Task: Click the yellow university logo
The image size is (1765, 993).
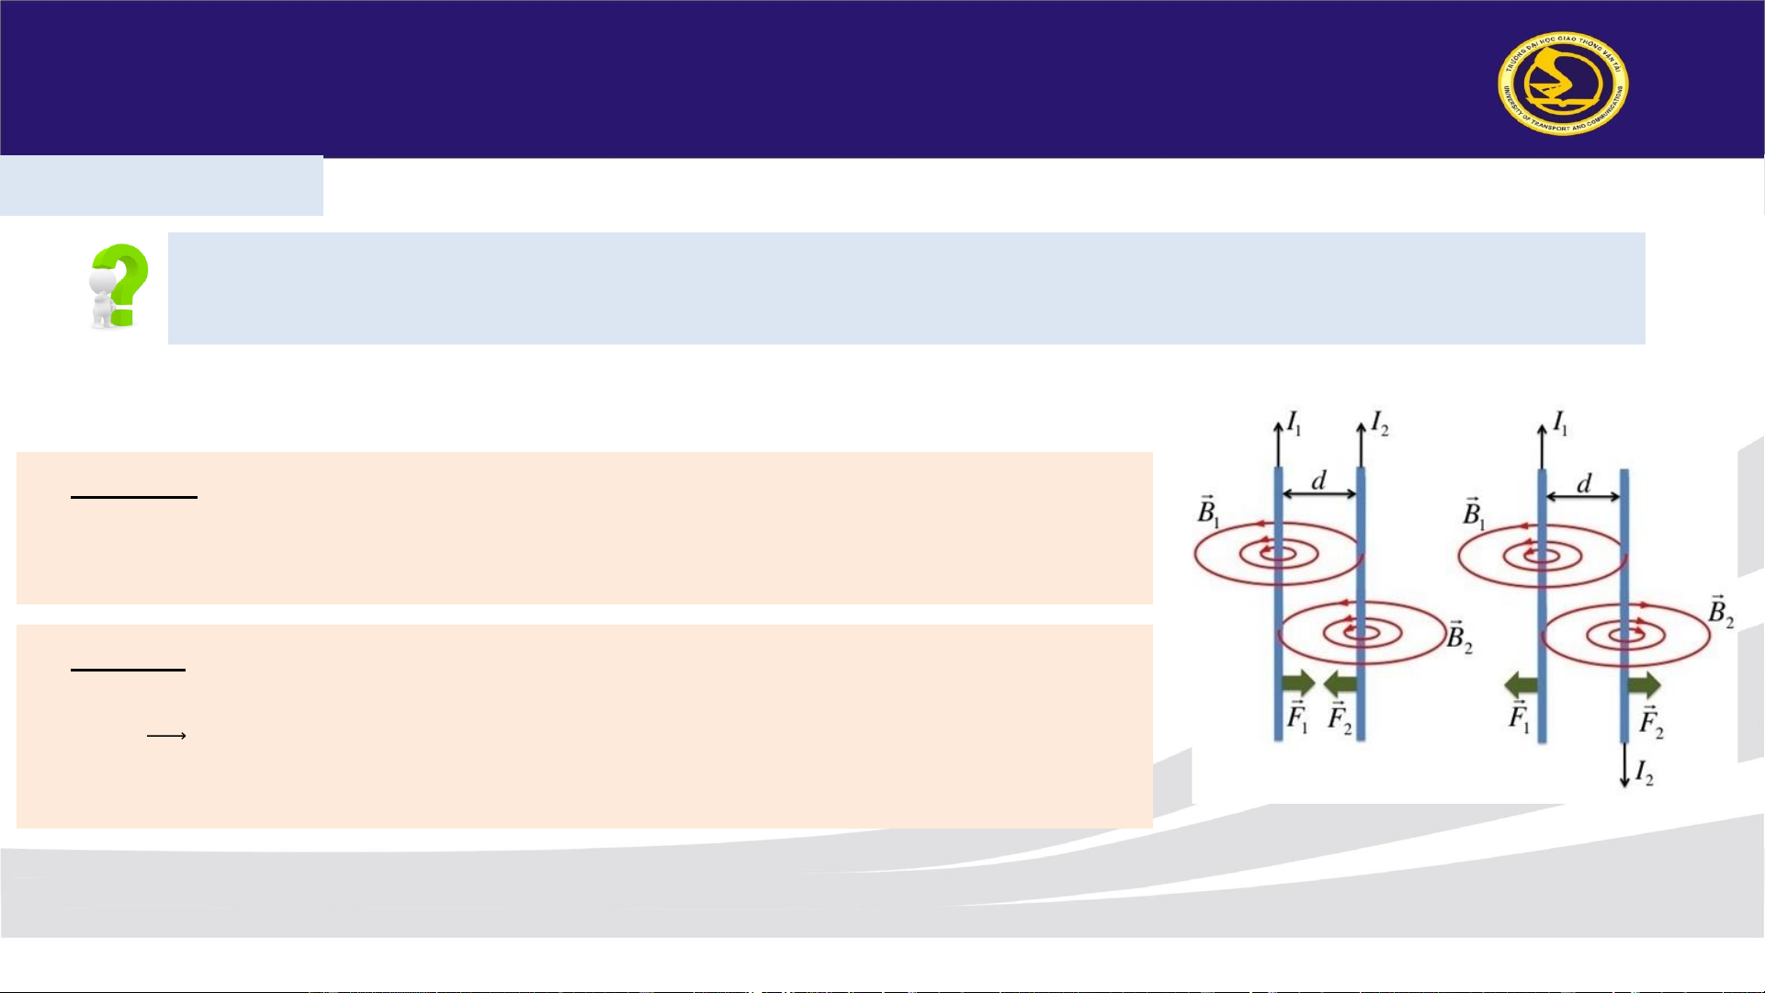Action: tap(1562, 84)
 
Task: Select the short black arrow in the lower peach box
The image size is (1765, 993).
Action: tap(166, 735)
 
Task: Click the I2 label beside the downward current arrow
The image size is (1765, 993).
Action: tap(1644, 774)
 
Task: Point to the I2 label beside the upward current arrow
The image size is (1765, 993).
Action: tap(1379, 423)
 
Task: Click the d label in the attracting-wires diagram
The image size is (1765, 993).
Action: tap(1318, 480)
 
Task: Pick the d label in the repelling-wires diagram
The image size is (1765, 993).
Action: tap(1583, 483)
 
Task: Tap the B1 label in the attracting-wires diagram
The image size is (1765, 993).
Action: tap(1208, 512)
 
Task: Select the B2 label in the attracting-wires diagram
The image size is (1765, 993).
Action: tap(1459, 637)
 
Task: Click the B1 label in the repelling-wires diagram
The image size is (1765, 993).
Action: tap(1474, 513)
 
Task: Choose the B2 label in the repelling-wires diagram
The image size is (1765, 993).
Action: tap(1720, 612)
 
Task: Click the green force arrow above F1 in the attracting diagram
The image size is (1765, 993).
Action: tap(1297, 683)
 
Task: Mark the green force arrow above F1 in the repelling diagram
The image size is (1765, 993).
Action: tap(1521, 684)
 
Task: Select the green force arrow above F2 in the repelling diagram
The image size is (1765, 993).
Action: tap(1644, 684)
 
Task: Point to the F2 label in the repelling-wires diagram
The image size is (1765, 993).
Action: tap(1651, 722)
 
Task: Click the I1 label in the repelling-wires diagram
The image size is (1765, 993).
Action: tap(1560, 423)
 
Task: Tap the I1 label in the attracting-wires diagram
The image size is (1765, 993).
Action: tap(1294, 423)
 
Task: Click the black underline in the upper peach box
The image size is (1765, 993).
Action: tap(134, 497)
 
